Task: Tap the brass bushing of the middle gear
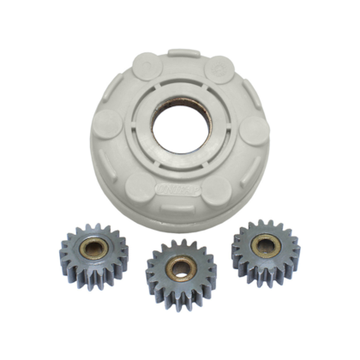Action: tap(180, 268)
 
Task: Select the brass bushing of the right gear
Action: tap(266, 245)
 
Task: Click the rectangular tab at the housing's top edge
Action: tap(183, 53)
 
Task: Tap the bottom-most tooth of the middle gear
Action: tap(181, 306)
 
